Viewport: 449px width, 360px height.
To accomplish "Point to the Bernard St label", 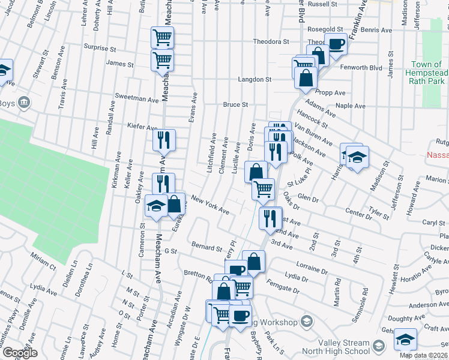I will pyautogui.click(x=207, y=246).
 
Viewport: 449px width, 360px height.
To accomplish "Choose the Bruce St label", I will pyautogui.click(x=235, y=104).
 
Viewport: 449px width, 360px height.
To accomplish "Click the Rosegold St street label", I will pyautogui.click(x=325, y=29).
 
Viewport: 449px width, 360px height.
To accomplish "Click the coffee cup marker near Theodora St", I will pyautogui.click(x=336, y=43).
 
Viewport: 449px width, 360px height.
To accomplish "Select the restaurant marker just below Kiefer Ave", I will pyautogui.click(x=164, y=140).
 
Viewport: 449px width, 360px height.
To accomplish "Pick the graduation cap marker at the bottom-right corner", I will pyautogui.click(x=406, y=340).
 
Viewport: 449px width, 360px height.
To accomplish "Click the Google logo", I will pyautogui.click(x=20, y=353).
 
